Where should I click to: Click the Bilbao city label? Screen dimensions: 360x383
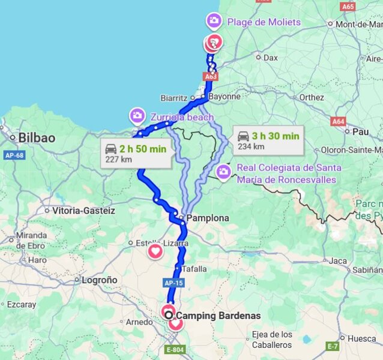pyautogui.click(x=37, y=137)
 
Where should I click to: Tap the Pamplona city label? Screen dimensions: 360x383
pyautogui.click(x=207, y=218)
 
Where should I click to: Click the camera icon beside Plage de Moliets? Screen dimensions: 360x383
pyautogui.click(x=214, y=22)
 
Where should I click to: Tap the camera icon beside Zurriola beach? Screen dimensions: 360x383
pyautogui.click(x=137, y=115)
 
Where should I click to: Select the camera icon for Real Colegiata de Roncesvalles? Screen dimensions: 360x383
pyautogui.click(x=224, y=173)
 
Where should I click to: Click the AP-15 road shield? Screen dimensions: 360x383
pyautogui.click(x=173, y=282)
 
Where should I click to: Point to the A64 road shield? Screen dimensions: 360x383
pyautogui.click(x=339, y=121)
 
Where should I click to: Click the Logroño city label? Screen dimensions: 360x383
pyautogui.click(x=99, y=280)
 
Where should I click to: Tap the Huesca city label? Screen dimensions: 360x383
pyautogui.click(x=361, y=338)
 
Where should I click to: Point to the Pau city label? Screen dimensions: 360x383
pyautogui.click(x=360, y=131)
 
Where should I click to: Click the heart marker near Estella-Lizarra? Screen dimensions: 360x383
pyautogui.click(x=155, y=251)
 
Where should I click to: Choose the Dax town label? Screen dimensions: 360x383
pyautogui.click(x=271, y=58)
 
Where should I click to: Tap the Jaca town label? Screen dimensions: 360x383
pyautogui.click(x=338, y=260)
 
